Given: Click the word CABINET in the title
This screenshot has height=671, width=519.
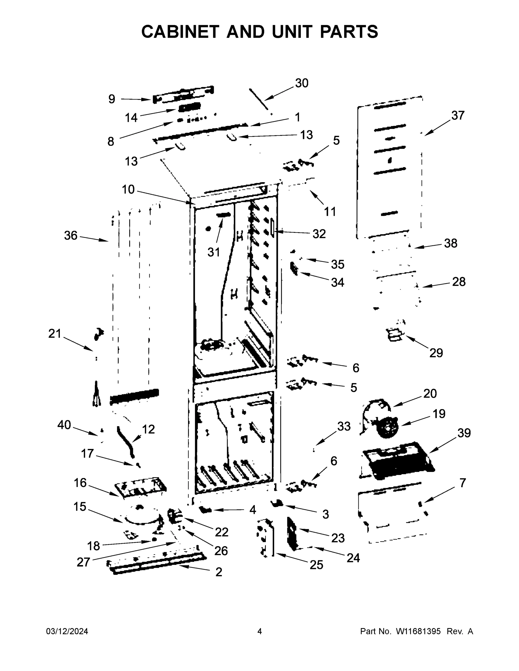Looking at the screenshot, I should [x=180, y=32].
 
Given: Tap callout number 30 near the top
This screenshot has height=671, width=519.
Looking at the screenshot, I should [x=301, y=83].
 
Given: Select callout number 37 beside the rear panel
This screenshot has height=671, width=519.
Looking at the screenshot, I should [x=457, y=115].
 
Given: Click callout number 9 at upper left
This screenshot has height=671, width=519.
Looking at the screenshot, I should [x=112, y=99].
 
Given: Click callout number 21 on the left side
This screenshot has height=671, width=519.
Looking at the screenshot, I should [x=55, y=333].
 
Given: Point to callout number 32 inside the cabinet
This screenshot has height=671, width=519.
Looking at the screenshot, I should [x=319, y=234].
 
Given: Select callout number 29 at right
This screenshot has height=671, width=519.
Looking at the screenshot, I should [x=436, y=353].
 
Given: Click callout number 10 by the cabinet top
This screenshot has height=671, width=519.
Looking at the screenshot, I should [x=128, y=190].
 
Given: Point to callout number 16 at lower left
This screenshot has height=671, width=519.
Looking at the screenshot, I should [x=80, y=483].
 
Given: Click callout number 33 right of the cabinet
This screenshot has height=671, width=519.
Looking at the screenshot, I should [x=344, y=426].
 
